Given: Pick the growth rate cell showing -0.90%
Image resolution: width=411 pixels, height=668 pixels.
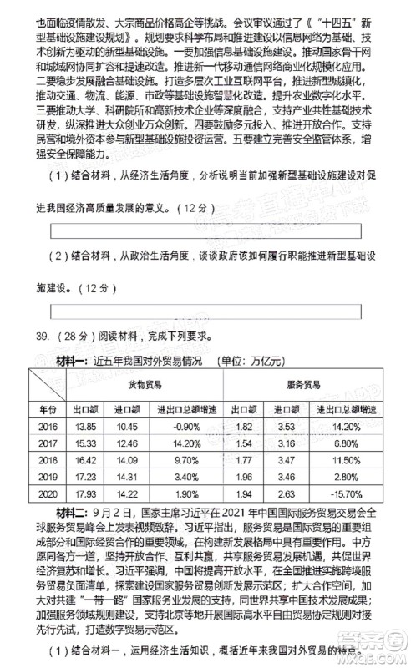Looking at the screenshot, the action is click(x=184, y=426).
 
